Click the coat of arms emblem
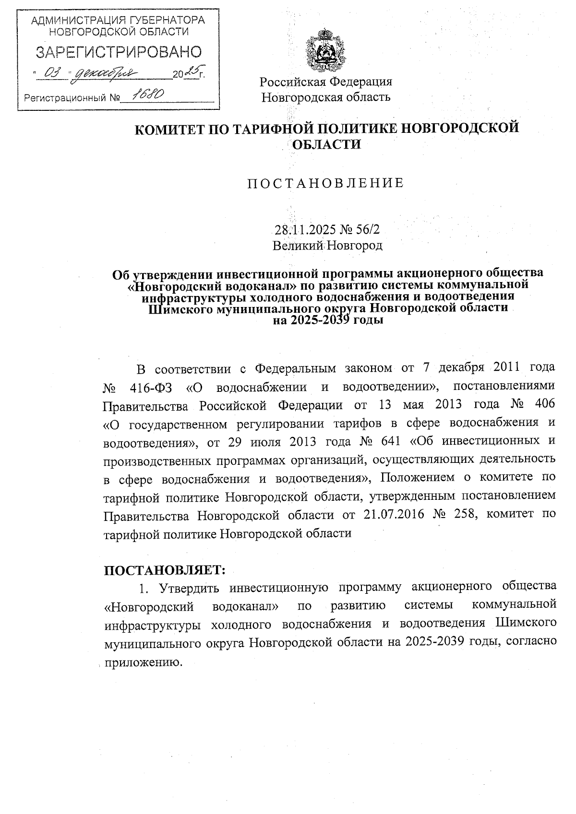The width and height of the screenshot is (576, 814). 326,50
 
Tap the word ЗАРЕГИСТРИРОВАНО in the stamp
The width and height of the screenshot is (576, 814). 119,52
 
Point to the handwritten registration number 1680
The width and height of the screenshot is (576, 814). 148,95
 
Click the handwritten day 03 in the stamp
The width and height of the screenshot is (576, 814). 52,73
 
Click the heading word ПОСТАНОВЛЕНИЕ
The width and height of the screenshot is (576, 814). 325,183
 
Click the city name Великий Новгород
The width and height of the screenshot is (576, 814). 327,246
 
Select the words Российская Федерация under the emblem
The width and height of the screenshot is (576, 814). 326,82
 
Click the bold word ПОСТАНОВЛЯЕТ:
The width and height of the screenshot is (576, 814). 165,570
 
